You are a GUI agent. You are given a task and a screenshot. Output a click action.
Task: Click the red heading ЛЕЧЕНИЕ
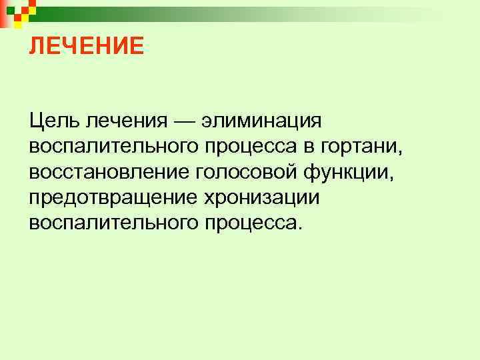click(86, 46)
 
